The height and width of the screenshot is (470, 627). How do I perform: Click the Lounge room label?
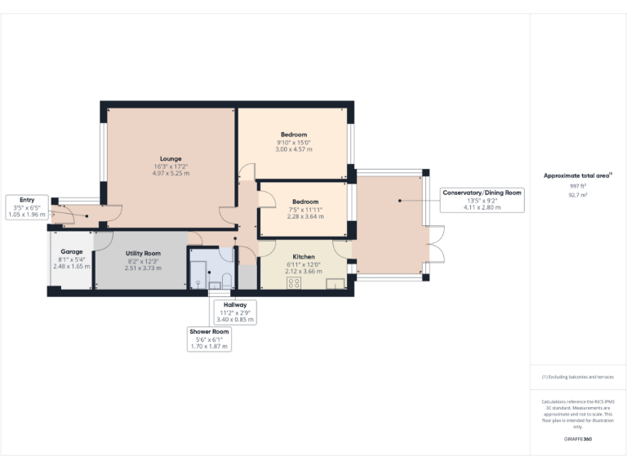click(171, 158)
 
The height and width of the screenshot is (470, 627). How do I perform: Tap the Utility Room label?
click(143, 254)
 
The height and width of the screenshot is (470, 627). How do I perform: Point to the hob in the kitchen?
click(294, 283)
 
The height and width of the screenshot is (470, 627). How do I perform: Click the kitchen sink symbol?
click(335, 283)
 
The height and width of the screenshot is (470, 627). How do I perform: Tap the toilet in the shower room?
click(227, 282)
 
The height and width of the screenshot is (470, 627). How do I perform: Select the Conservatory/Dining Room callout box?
click(482, 200)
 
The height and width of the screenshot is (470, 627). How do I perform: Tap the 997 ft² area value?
click(578, 186)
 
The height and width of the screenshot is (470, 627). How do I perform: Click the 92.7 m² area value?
click(578, 195)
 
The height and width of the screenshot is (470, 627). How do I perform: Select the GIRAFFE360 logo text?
click(578, 440)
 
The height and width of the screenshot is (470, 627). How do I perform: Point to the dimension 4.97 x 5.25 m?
click(171, 174)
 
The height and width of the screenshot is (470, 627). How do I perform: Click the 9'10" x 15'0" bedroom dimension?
click(294, 143)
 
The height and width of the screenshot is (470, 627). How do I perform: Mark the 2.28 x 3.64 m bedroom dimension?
click(305, 216)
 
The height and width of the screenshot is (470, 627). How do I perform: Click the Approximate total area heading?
click(576, 175)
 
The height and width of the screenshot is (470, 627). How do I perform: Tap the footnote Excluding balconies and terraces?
click(578, 377)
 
